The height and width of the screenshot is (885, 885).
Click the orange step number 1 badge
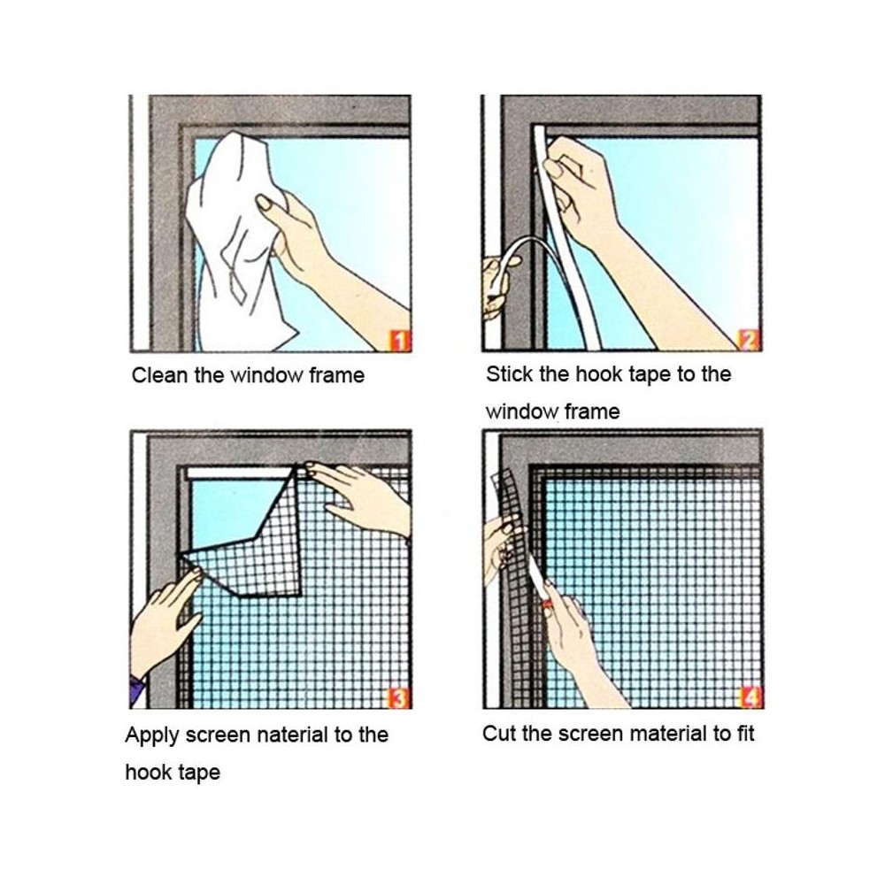400,341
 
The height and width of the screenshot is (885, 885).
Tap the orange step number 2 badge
750,340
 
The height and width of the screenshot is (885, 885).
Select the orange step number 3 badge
399,698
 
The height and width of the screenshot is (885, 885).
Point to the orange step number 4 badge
751,697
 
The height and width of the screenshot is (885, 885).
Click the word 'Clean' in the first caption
159,375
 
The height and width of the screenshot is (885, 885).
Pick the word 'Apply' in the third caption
152,736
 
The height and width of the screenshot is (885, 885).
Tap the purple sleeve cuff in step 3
136,689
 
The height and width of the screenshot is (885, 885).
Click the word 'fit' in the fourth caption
745,734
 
